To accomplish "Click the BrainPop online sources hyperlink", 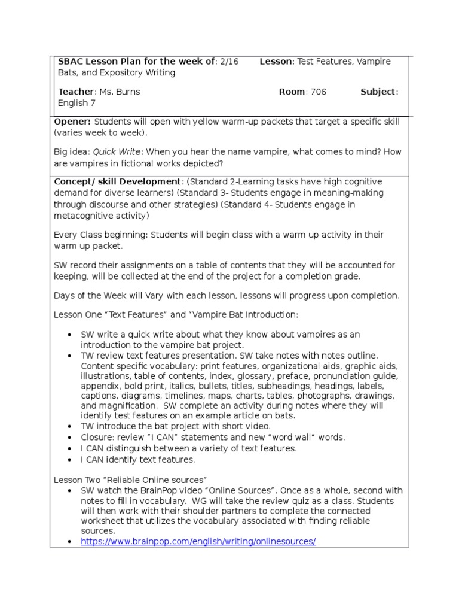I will tap(198, 541).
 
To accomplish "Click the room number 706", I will tap(317, 92).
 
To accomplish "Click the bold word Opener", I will tap(72, 122).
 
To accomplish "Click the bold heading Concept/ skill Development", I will tap(117, 181).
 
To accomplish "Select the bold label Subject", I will tap(378, 92).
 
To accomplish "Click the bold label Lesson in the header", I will tap(276, 62).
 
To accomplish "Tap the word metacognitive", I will tap(85, 215).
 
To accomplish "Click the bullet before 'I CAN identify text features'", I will tap(70, 460).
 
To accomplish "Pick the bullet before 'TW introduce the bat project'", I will tap(70, 426).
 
